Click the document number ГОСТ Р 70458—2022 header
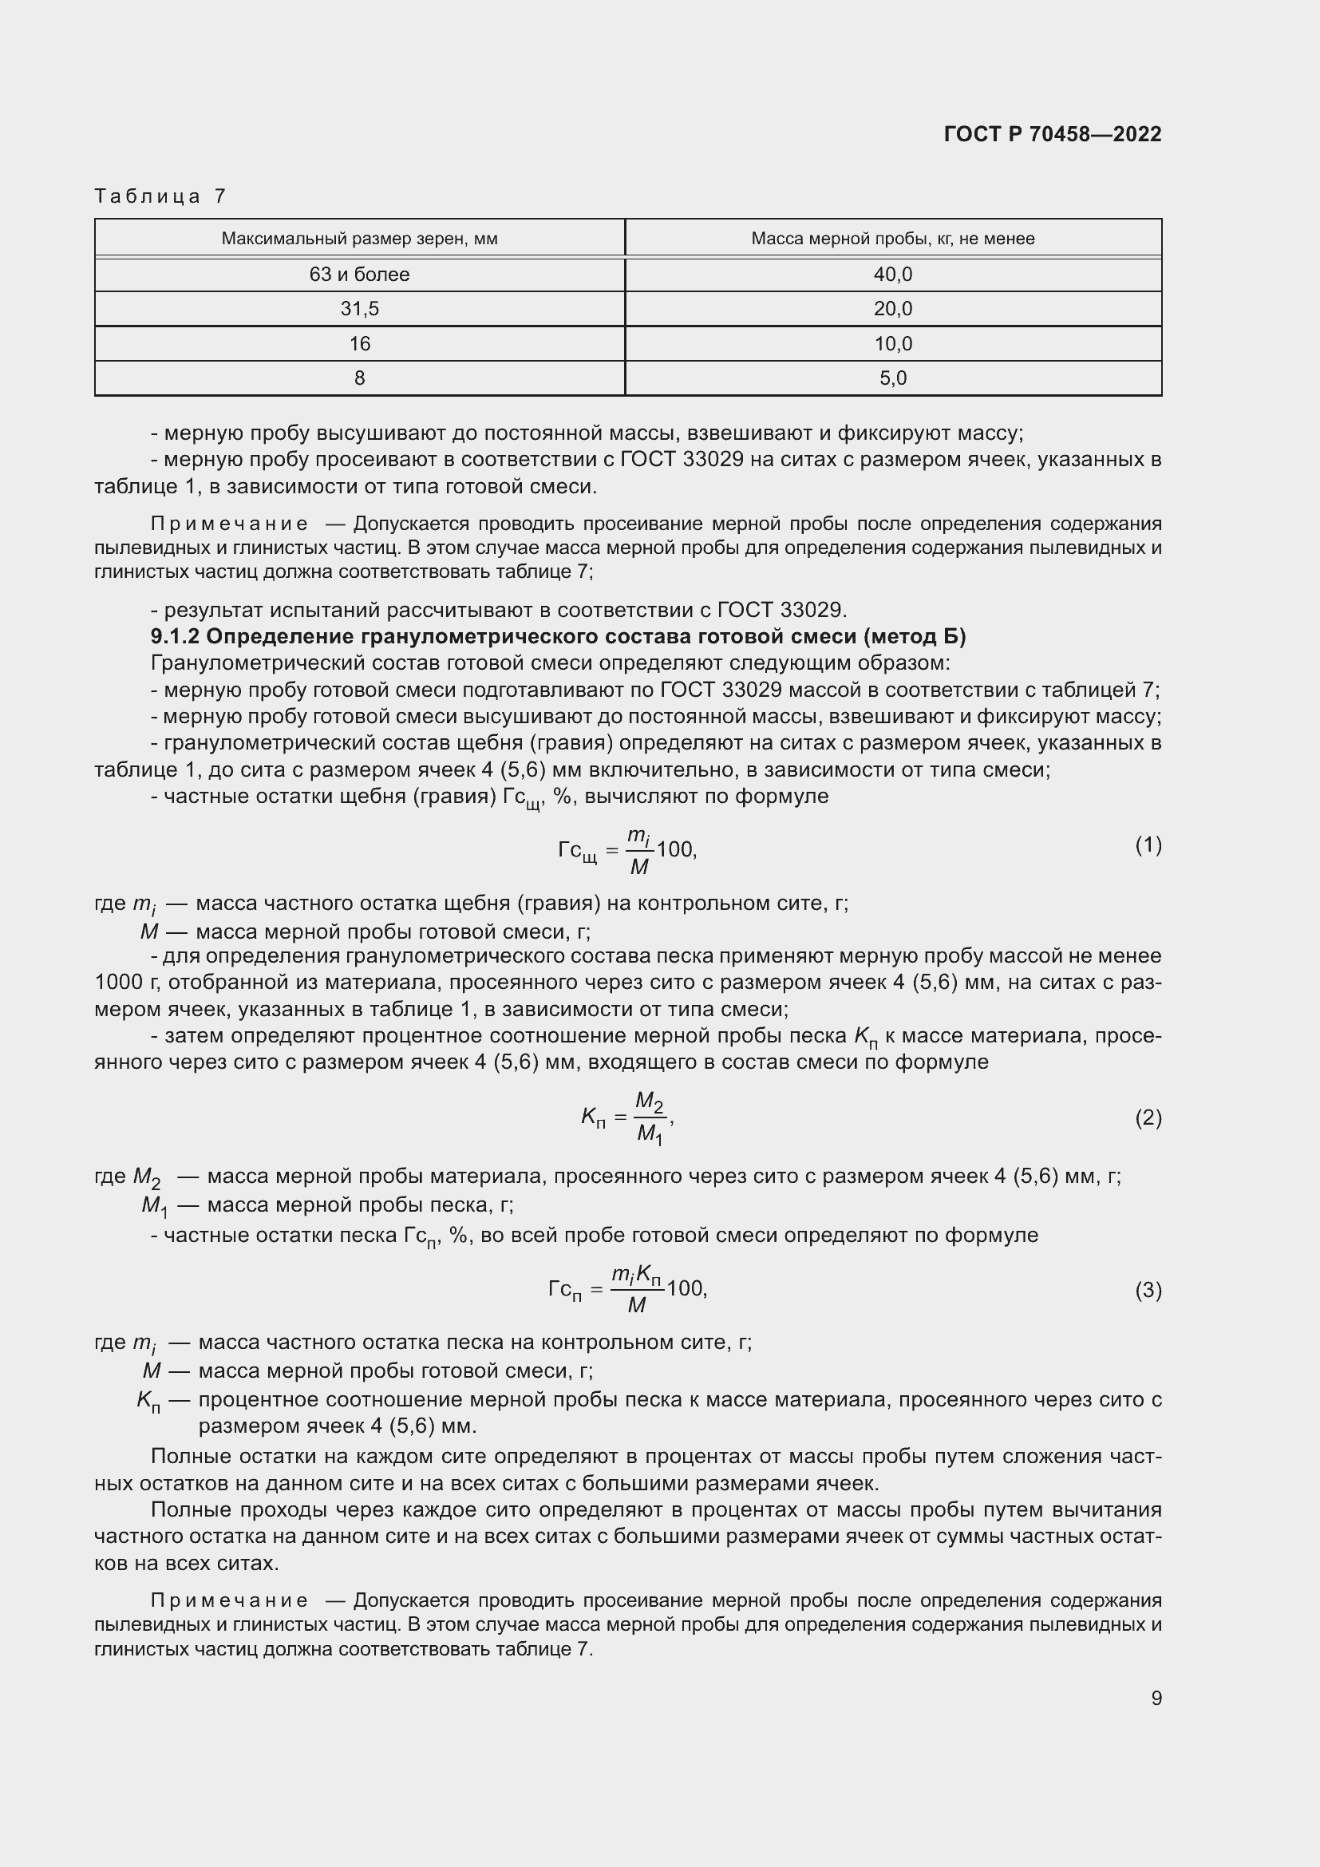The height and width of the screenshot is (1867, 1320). point(1052,134)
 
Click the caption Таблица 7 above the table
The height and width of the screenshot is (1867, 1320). point(160,196)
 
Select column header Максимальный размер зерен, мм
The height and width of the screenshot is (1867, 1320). point(359,239)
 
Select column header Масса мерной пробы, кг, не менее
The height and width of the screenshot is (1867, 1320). point(892,239)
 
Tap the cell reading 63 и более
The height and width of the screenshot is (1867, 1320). point(359,275)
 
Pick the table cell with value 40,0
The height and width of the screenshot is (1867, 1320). point(892,275)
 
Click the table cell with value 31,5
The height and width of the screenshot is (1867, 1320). point(359,309)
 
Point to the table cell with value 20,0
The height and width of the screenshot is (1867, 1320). point(892,309)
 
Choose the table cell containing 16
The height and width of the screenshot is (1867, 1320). point(359,344)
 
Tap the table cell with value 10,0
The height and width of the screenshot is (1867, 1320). point(892,344)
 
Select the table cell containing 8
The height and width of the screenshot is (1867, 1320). point(359,378)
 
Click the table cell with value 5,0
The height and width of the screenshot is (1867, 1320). point(892,378)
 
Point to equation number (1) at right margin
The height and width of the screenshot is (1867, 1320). point(1148,845)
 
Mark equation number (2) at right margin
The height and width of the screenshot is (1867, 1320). point(1148,1118)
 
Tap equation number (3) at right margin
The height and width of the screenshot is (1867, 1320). point(1148,1291)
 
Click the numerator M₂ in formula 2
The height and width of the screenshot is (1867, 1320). point(649,1102)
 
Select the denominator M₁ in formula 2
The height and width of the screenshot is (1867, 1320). point(649,1133)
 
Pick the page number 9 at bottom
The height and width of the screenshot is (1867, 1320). point(1156,1698)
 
